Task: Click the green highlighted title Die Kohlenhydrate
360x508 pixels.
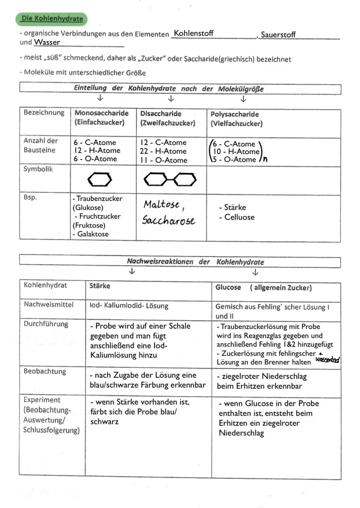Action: (52, 19)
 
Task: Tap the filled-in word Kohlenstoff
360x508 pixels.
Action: (194, 33)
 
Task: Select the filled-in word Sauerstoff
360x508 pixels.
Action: (278, 35)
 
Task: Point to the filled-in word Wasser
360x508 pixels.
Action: (47, 42)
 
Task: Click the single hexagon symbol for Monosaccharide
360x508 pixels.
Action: (100, 180)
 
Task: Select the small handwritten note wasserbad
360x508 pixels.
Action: (327, 359)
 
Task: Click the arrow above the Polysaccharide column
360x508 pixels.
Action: (243, 99)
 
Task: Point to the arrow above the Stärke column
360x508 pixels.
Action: (132, 271)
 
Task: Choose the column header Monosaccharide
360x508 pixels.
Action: (101, 113)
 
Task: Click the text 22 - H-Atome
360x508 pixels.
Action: (163, 151)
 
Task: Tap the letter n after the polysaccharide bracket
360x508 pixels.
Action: (265, 159)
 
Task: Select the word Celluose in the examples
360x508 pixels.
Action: (239, 217)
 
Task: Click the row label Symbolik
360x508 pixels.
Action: (38, 169)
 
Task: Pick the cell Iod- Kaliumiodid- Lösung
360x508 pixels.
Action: (129, 306)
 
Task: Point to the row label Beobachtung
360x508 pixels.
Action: (45, 371)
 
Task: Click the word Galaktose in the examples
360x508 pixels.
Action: (93, 234)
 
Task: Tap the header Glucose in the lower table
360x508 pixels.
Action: (228, 287)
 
